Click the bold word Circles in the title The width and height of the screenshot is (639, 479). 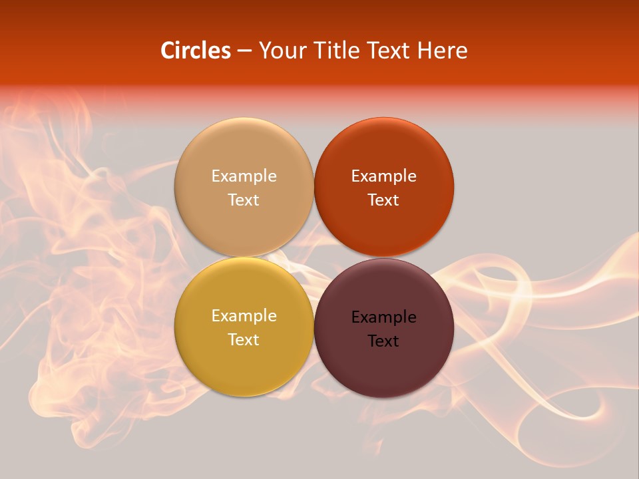[x=195, y=51]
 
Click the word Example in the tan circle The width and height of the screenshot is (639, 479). [x=244, y=176]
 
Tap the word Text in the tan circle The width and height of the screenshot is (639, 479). [x=244, y=200]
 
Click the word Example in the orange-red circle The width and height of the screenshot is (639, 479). [x=383, y=176]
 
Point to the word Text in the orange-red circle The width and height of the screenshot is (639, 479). [x=383, y=200]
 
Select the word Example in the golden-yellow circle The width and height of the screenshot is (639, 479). [x=244, y=316]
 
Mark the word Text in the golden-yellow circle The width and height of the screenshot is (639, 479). [x=244, y=340]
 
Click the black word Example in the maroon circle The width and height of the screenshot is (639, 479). [x=383, y=317]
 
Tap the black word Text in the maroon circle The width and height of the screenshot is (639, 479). [x=383, y=341]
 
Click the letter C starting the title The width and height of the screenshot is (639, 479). [x=168, y=51]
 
